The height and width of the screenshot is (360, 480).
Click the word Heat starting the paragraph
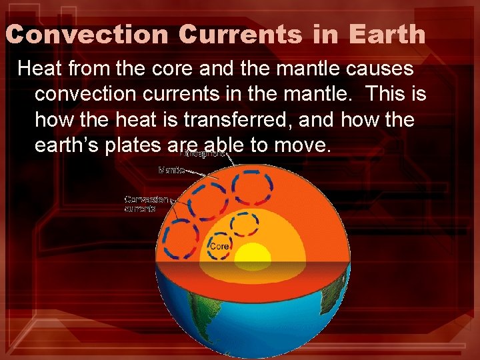click(39, 68)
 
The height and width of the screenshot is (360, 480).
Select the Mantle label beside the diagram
click(172, 171)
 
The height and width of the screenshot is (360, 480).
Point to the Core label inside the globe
click(220, 247)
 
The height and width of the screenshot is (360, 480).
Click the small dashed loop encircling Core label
click(219, 246)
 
